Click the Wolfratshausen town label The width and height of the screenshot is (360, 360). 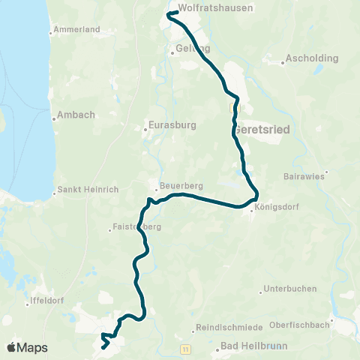[216, 7]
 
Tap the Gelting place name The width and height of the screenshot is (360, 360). [193, 47]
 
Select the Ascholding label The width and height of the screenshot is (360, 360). [312, 58]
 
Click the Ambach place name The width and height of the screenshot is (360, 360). [72, 116]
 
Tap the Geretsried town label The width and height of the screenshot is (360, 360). [262, 129]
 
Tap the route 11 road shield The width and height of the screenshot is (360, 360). [184, 349]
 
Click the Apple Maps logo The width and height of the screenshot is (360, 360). [27, 347]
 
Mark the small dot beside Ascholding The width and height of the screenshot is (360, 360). [282, 63]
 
